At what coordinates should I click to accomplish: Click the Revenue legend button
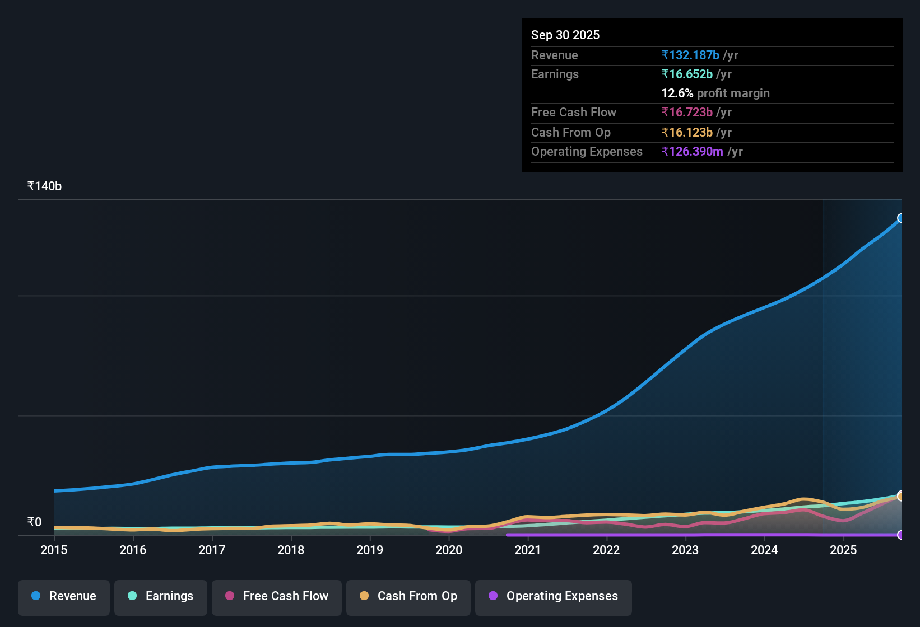coord(64,596)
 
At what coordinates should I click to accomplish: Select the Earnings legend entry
coord(161,596)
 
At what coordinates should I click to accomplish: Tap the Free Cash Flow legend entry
coord(277,596)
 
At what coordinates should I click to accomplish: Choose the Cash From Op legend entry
coord(408,596)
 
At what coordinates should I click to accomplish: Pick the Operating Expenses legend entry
coord(554,596)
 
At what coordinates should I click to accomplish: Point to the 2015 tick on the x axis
coord(54,550)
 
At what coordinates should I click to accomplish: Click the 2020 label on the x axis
coord(449,550)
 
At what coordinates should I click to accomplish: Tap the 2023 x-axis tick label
coord(685,550)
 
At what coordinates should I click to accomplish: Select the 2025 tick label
coord(843,550)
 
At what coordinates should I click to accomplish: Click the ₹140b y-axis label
coord(44,186)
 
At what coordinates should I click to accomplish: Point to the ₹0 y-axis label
coord(34,522)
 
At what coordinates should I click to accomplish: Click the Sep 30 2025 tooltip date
coord(565,35)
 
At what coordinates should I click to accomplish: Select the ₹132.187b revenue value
coord(690,55)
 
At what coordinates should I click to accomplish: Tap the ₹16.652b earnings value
coord(687,74)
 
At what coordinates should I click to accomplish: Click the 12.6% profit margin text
coord(715,93)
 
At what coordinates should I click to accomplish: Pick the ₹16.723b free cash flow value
coord(687,112)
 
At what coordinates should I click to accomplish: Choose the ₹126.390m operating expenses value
coord(692,151)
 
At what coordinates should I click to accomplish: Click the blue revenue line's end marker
coord(901,218)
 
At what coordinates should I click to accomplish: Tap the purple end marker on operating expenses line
coord(901,535)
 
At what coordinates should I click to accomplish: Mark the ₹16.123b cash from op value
coord(687,132)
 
